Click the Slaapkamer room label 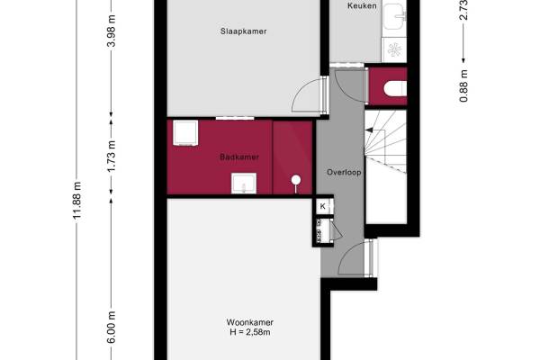244,31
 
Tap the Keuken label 362,5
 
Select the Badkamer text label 239,157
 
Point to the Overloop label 344,172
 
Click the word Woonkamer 250,322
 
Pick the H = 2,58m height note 250,332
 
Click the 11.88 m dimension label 76,201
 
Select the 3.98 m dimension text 112,31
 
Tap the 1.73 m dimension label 112,156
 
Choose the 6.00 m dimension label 112,328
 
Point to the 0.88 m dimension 463,85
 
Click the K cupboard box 323,206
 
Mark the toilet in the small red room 395,88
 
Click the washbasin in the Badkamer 244,184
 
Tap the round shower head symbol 296,180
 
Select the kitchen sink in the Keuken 395,16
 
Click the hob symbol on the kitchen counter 395,49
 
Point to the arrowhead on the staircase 368,130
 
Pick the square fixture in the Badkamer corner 185,132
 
